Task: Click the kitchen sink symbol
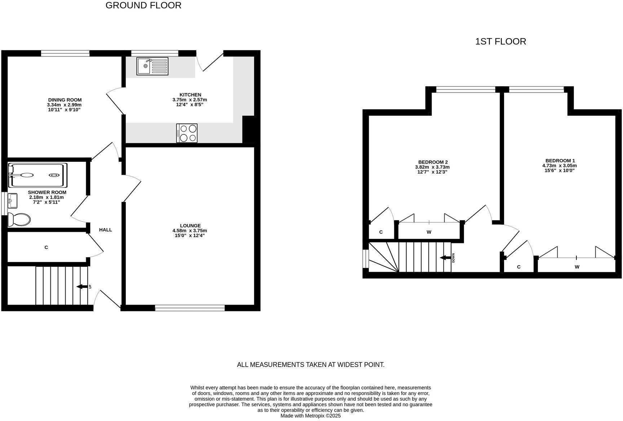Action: click(x=152, y=66)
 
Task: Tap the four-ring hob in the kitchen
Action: click(x=187, y=133)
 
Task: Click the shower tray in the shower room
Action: click(x=37, y=176)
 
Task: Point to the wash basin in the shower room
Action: click(x=12, y=201)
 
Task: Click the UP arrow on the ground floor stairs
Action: click(x=82, y=287)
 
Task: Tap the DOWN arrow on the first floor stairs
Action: click(x=445, y=258)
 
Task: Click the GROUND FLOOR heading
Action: click(x=143, y=5)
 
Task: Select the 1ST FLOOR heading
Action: click(x=500, y=41)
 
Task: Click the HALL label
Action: click(x=106, y=230)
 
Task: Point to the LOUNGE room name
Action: click(x=190, y=226)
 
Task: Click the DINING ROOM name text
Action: click(x=65, y=100)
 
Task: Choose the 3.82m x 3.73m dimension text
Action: click(x=432, y=167)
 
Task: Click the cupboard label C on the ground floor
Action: click(x=46, y=247)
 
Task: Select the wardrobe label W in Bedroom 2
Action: click(x=429, y=232)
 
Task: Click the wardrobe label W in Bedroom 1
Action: click(x=577, y=267)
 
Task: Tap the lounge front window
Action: click(x=190, y=307)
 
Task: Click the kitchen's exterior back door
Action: click(x=211, y=61)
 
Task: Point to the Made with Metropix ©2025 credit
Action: click(x=310, y=416)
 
